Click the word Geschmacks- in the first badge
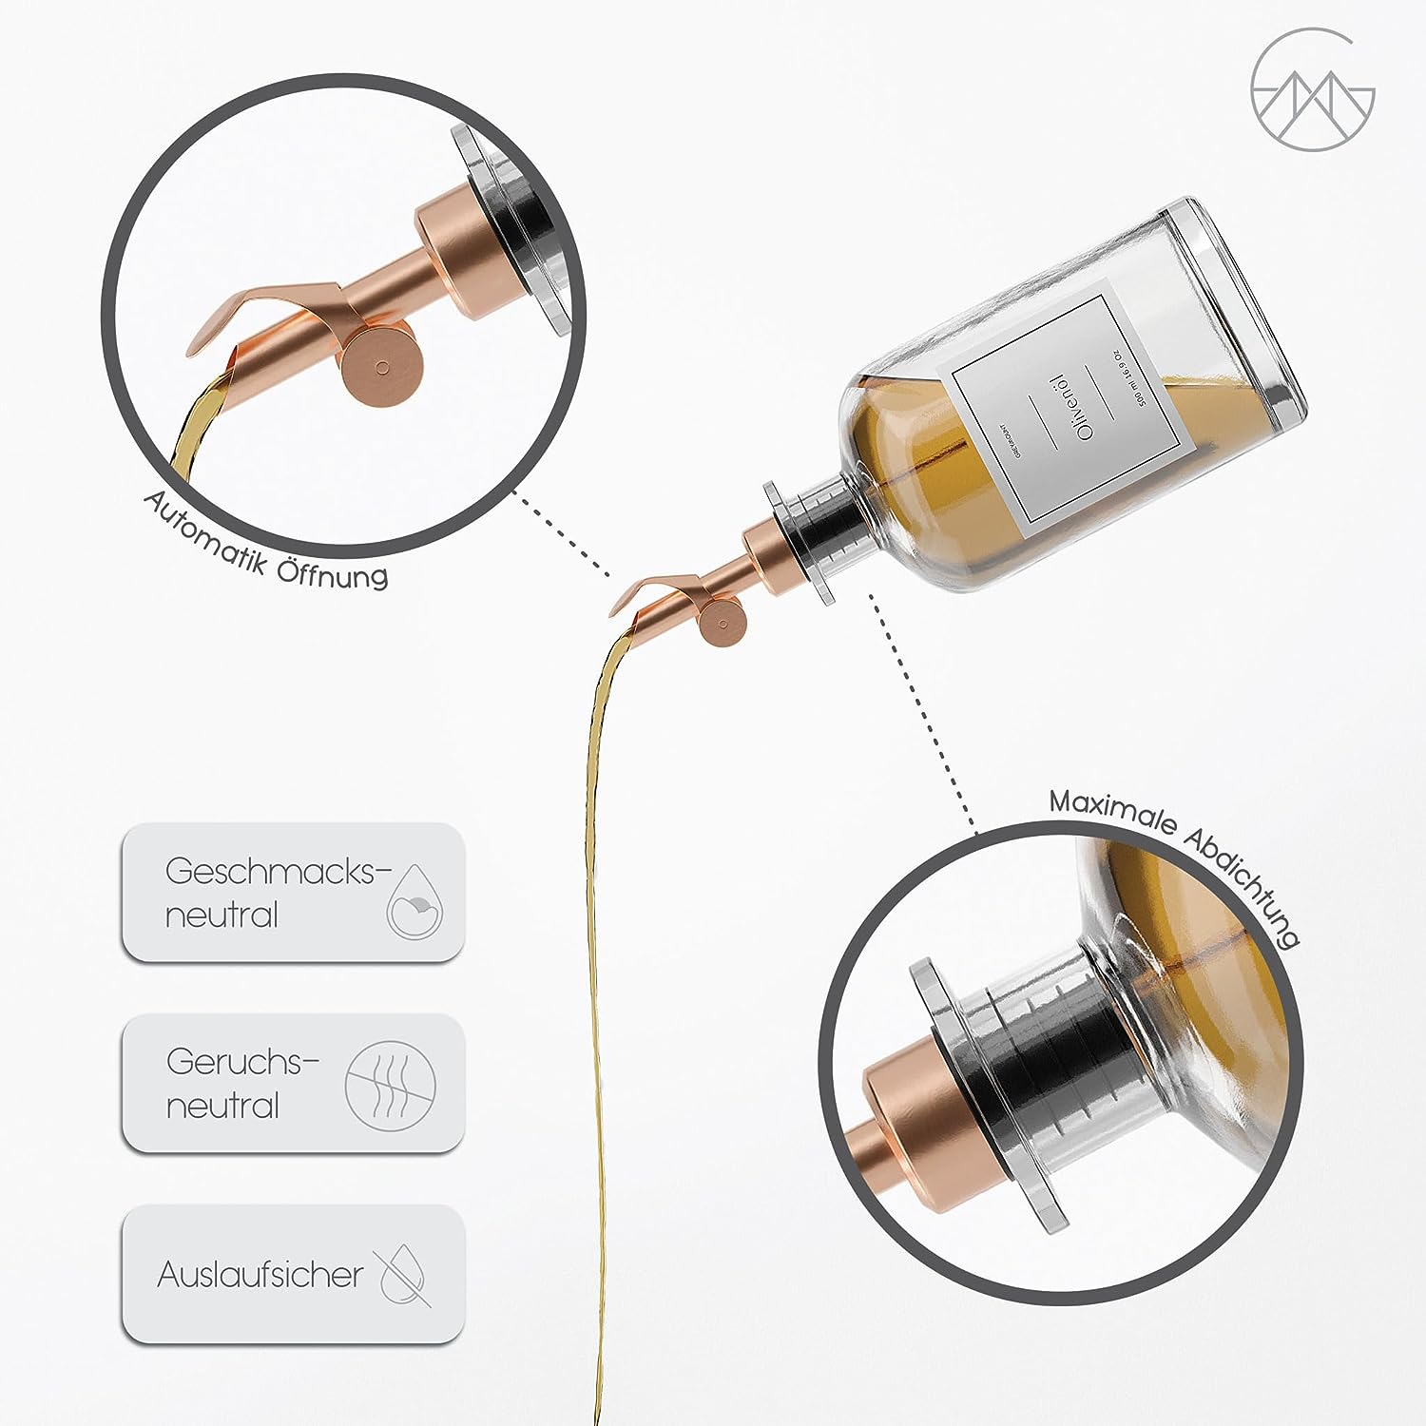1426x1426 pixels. point(277,871)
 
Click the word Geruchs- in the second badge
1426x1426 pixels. point(241,1061)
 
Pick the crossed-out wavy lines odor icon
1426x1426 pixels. point(390,1086)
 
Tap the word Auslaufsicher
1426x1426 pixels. point(260,1274)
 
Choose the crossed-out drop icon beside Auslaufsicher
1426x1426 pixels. point(405,1276)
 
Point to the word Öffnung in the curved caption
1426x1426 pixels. point(333,572)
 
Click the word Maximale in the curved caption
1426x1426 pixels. point(1112,810)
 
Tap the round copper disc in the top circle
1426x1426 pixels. point(381,367)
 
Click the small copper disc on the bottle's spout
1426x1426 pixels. point(723,625)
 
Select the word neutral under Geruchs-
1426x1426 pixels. point(222,1106)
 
